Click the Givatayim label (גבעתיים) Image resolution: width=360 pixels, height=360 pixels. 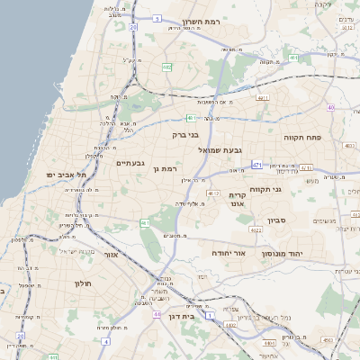tap(131, 163)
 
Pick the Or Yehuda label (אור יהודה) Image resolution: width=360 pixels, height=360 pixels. tap(229, 254)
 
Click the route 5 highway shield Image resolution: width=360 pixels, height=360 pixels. tap(157, 18)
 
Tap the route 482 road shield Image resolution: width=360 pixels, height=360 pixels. tap(166, 67)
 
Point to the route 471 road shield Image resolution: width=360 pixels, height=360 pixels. tap(256, 166)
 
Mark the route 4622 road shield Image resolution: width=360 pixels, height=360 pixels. tap(256, 230)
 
